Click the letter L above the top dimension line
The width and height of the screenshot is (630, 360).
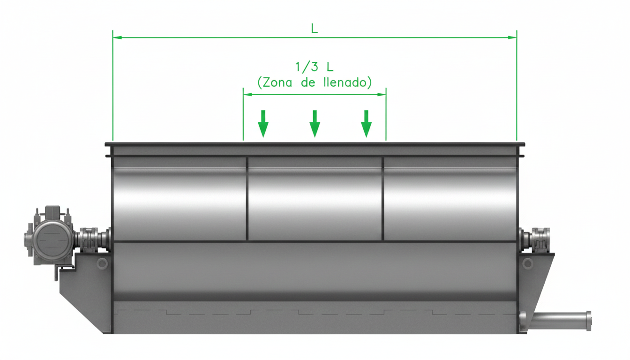[x=315, y=29]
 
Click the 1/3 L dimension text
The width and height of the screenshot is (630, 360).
[x=314, y=67]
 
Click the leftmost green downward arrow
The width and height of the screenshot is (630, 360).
[x=263, y=124]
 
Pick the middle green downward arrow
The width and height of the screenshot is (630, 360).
[x=315, y=124]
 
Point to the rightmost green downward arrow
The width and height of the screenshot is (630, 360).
[x=366, y=124]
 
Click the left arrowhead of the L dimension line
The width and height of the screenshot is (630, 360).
[x=117, y=37]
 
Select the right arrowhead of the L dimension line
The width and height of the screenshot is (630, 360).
[x=512, y=37]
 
